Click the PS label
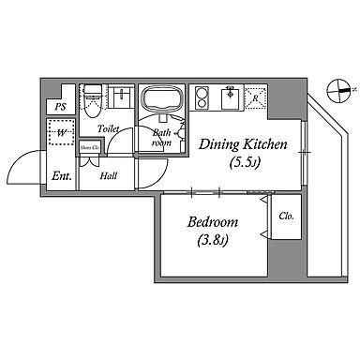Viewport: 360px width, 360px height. click(x=61, y=107)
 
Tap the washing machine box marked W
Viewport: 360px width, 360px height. click(x=61, y=133)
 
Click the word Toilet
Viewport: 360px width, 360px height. click(x=108, y=128)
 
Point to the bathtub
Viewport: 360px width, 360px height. click(x=161, y=97)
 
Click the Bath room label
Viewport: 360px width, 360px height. click(x=161, y=138)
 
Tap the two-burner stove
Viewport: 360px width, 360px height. click(x=201, y=97)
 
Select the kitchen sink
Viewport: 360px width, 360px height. click(x=232, y=97)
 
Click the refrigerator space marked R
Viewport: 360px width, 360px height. click(x=255, y=98)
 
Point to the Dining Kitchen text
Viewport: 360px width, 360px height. click(x=243, y=144)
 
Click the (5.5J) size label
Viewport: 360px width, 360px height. click(x=245, y=163)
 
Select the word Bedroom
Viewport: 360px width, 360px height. click(x=213, y=222)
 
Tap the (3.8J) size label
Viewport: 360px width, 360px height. click(x=213, y=240)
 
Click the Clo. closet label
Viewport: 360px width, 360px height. click(x=286, y=216)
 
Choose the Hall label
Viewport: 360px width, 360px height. click(x=109, y=176)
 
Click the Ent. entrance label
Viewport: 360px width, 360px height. click(x=62, y=176)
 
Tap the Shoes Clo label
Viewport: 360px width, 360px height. click(x=90, y=148)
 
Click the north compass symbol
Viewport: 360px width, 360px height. click(x=339, y=91)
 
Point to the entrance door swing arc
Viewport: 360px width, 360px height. click(x=17, y=161)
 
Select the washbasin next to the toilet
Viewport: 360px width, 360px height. click(x=120, y=97)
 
